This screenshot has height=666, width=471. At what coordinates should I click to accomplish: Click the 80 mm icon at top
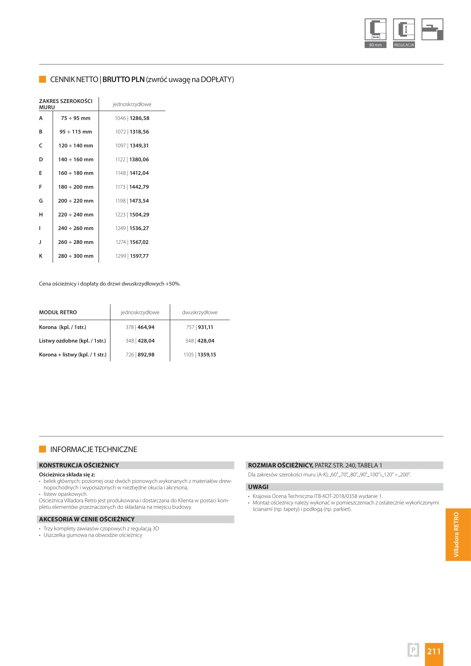tap(375, 33)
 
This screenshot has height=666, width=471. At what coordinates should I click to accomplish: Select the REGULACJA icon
tap(404, 33)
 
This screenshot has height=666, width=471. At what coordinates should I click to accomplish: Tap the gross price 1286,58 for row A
tap(139, 118)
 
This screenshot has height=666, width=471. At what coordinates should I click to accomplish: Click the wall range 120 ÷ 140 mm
tap(76, 146)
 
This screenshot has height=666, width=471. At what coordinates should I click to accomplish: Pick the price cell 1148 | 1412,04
tap(132, 173)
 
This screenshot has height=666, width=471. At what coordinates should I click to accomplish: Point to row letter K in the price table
tap(41, 256)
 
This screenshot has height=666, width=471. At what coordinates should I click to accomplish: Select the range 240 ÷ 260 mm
tap(76, 228)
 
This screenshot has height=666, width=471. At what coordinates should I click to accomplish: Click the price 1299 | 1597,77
tap(132, 256)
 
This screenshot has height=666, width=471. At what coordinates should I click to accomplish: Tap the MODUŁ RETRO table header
tap(58, 312)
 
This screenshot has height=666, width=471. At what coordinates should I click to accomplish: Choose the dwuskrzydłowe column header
tap(200, 312)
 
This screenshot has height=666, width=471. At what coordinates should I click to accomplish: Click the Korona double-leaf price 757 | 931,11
tap(200, 327)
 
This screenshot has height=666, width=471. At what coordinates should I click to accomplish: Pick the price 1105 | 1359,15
tap(200, 355)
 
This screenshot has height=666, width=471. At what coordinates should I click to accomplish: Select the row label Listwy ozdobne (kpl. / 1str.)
tap(72, 341)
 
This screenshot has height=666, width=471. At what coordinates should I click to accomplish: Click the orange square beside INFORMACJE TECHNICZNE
tap(43, 449)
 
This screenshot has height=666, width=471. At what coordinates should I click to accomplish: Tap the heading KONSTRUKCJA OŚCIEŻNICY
tap(79, 465)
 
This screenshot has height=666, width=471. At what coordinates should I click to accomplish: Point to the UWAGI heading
tap(258, 487)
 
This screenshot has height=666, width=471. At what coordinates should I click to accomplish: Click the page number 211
tap(434, 651)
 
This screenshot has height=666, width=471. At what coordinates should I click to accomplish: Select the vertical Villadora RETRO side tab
tap(457, 534)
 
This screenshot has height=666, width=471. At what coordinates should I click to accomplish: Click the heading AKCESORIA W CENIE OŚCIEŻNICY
tap(87, 519)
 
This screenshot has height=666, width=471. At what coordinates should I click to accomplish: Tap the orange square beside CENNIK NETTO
tap(43, 79)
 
